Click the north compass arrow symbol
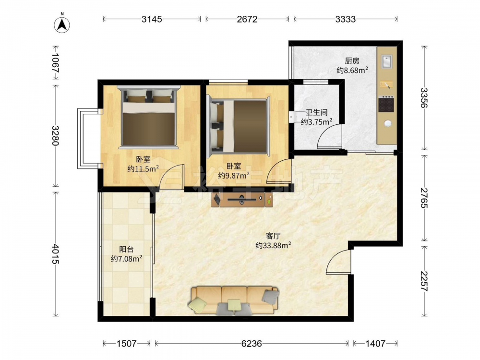pos(62,25)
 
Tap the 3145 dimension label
pos(152,19)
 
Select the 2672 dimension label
pos(247,19)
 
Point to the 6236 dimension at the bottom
pos(252,344)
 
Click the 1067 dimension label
pos(55,62)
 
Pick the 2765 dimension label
pos(424,198)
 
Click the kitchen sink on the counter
pos(386,61)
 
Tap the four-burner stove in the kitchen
pos(386,104)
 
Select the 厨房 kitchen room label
pos(352,61)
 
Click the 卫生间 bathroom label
pos(316,113)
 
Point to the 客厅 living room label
pos(273,236)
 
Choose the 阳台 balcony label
pos(126,250)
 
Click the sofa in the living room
pos(235,300)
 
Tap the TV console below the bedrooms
pos(242,200)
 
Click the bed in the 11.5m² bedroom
pos(148,117)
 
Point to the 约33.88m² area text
pos(273,245)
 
